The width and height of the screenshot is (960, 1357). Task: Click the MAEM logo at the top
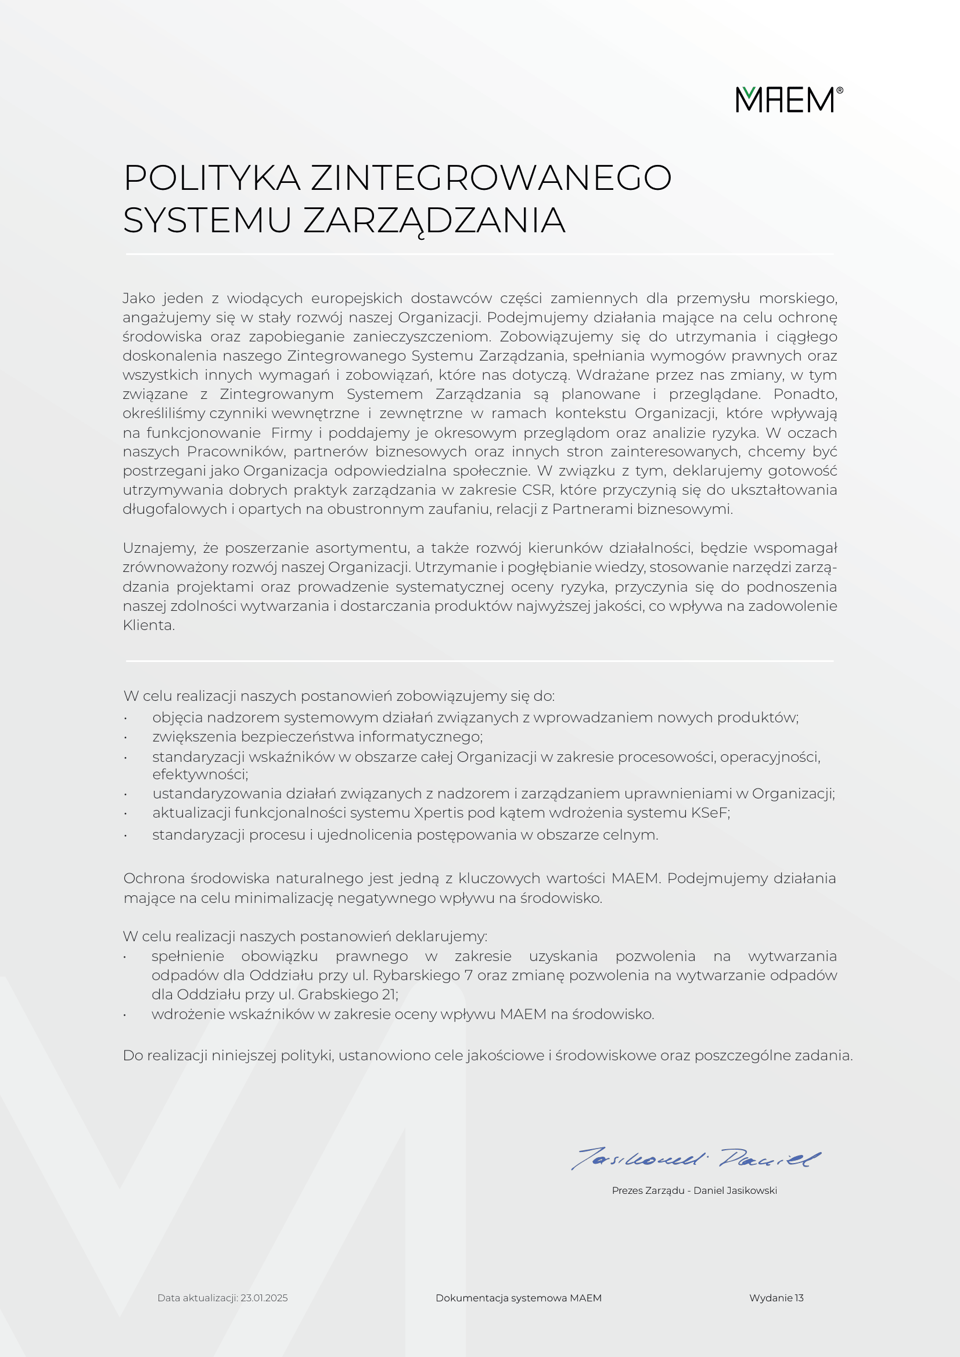coord(789,99)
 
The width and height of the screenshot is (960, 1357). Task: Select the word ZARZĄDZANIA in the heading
coord(434,221)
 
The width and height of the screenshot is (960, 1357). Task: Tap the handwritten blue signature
coord(696,1159)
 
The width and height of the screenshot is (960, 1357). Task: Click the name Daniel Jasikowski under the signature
coord(735,1190)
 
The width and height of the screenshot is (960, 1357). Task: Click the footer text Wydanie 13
coord(776,1298)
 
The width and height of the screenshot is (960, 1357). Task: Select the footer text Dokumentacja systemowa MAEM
coord(519,1298)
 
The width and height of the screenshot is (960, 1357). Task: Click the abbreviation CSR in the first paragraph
coord(537,490)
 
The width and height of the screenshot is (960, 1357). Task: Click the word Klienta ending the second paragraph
coord(148,625)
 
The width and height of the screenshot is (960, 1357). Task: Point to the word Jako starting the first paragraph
coord(139,298)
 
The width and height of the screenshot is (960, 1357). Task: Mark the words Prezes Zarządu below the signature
coord(648,1190)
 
